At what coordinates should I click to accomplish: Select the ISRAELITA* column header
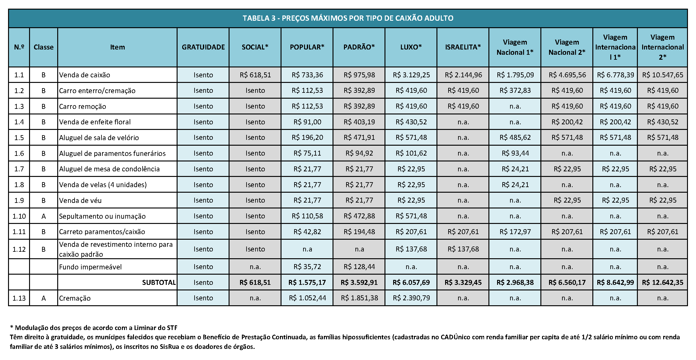[463, 47]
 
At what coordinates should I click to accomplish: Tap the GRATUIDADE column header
[203, 47]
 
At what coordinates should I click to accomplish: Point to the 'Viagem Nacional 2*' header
[567, 47]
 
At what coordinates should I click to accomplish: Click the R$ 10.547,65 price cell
[663, 75]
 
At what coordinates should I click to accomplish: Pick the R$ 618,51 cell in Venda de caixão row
[255, 75]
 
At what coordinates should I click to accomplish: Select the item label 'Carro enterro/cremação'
[97, 91]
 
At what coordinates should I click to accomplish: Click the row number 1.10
[19, 216]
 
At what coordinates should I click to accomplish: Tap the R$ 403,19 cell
[359, 122]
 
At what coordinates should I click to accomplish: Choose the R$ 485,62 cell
[515, 138]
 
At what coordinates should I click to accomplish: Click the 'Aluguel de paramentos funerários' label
[112, 153]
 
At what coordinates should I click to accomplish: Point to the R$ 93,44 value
[515, 153]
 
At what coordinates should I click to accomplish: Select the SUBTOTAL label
[159, 282]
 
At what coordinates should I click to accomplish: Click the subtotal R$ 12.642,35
[663, 282]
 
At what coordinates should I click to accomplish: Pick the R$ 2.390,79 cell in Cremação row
[411, 298]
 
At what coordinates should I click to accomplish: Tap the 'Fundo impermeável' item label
[90, 267]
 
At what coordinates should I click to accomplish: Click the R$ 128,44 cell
[359, 267]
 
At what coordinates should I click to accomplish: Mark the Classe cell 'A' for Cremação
[44, 298]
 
